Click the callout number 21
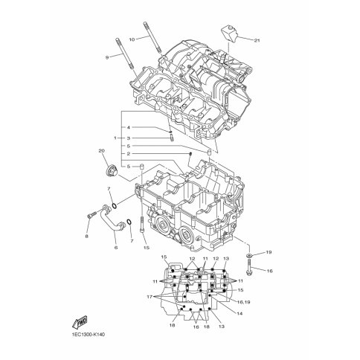click(257, 40)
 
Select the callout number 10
click(132, 39)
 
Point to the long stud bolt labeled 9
click(124, 54)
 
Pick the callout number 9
click(107, 57)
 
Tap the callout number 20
click(101, 150)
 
